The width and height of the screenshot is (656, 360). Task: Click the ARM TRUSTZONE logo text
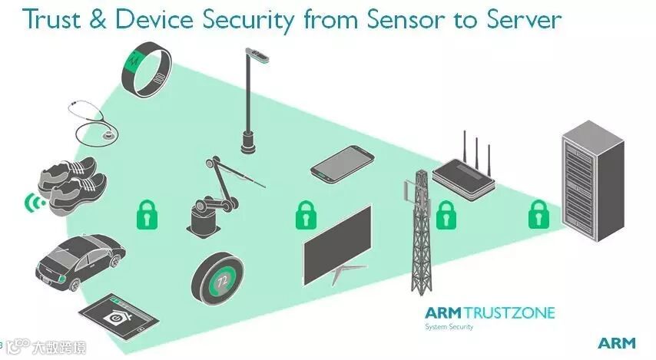coord(489,312)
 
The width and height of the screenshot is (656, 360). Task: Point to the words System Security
coord(449,327)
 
